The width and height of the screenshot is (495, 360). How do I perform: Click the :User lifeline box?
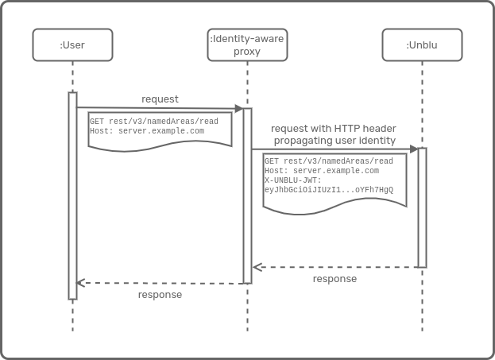tap(72, 45)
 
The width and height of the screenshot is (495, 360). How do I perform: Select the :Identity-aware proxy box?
tap(247, 45)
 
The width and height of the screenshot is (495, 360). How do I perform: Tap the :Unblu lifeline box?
tap(421, 45)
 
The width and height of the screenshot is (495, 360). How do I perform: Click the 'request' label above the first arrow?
tap(160, 99)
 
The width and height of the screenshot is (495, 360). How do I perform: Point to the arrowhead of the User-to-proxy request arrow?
tap(238, 108)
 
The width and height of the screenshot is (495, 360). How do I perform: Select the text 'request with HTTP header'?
tap(334, 128)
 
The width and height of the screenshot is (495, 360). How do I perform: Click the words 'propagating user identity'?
tap(335, 141)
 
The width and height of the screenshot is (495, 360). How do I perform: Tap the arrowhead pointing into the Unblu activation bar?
tap(413, 149)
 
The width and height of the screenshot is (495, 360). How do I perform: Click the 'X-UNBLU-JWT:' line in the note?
tap(292, 180)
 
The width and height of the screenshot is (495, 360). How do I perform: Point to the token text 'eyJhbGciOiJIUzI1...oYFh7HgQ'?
tap(328, 190)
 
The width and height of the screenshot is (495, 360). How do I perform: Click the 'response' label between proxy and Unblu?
tap(335, 279)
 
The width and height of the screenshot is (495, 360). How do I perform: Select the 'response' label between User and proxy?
tap(160, 295)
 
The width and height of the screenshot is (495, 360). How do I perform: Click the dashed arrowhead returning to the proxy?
tap(257, 267)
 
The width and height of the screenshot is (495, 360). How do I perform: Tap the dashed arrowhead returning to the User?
tap(80, 283)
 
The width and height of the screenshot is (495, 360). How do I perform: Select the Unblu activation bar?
tap(422, 207)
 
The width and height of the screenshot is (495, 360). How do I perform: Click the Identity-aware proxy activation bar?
tap(247, 195)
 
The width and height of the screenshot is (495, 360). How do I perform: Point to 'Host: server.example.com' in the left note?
tap(147, 131)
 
